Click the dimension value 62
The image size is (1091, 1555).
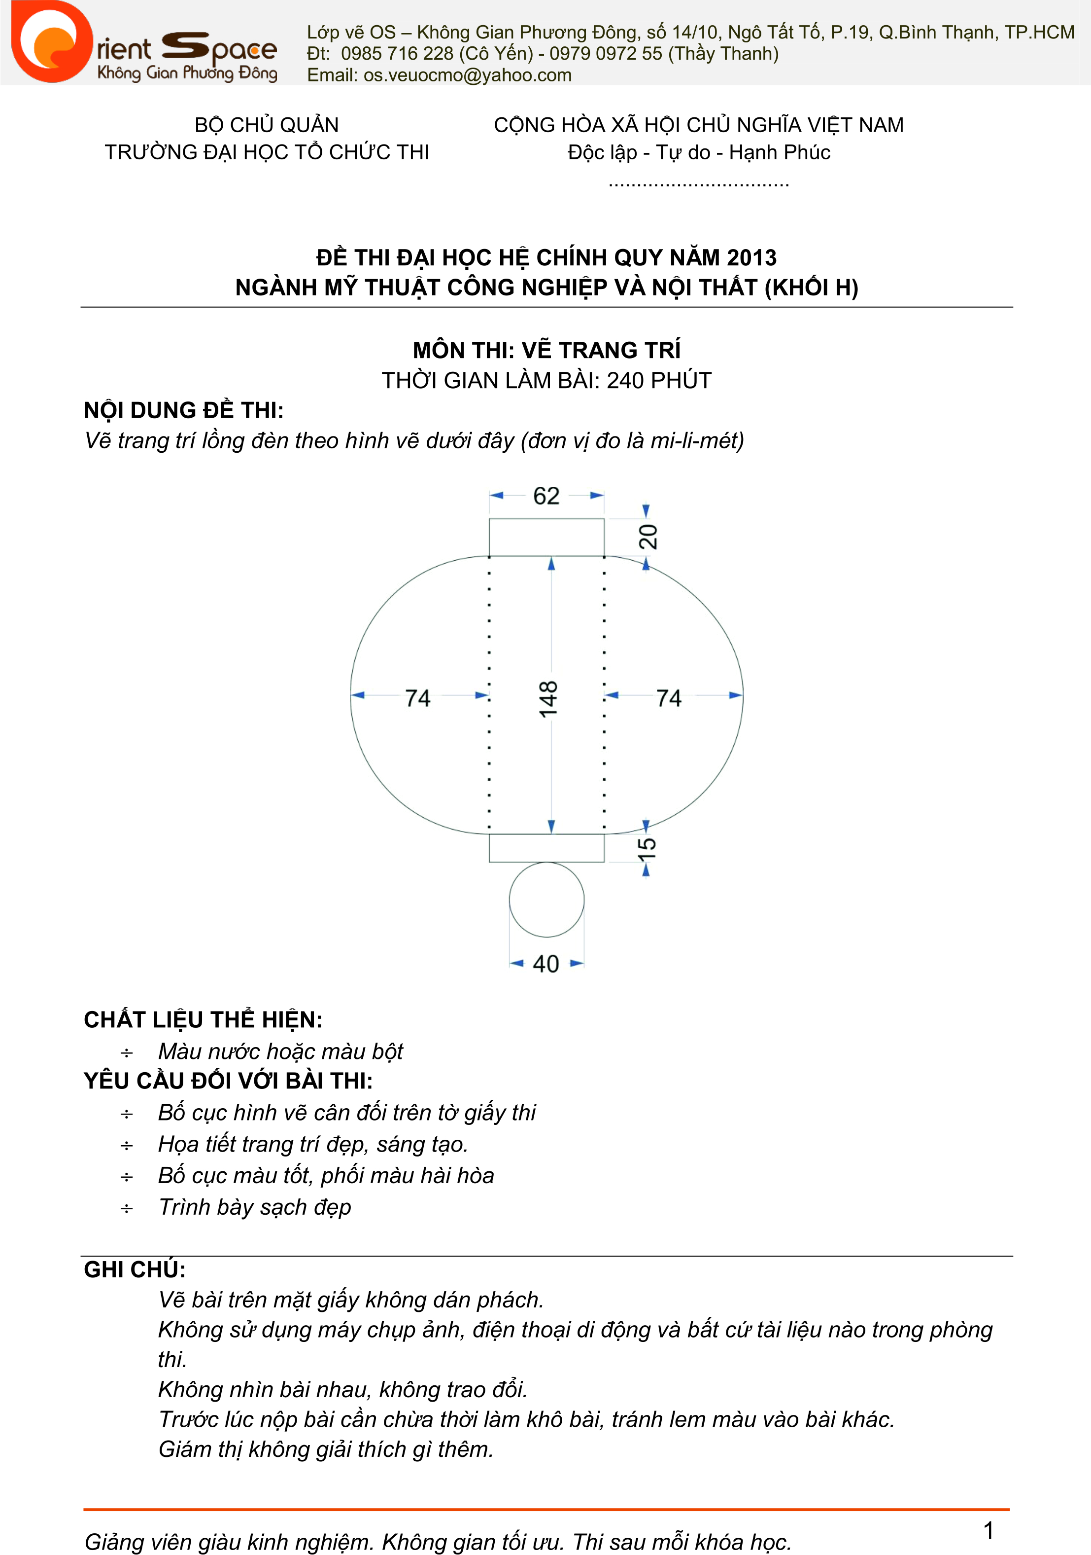pyautogui.click(x=546, y=496)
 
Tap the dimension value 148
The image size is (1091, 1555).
pyautogui.click(x=548, y=698)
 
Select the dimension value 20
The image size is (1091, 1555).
pyautogui.click(x=648, y=537)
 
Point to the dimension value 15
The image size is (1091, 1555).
pyautogui.click(x=647, y=848)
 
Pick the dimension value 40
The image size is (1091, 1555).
pyautogui.click(x=546, y=964)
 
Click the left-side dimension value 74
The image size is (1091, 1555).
pyautogui.click(x=417, y=697)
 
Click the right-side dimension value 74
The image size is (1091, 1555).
pyautogui.click(x=669, y=697)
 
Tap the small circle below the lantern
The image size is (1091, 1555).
pyautogui.click(x=546, y=900)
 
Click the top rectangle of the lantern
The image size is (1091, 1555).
pyautogui.click(x=546, y=538)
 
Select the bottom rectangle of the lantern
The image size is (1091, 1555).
pyautogui.click(x=546, y=848)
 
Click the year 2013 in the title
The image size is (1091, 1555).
pyautogui.click(x=751, y=258)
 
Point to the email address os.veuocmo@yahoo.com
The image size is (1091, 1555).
pyautogui.click(x=467, y=75)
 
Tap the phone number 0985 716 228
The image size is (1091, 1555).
pyautogui.click(x=397, y=53)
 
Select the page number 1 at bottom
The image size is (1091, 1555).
pyautogui.click(x=988, y=1530)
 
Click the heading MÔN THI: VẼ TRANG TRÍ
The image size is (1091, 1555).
pyautogui.click(x=546, y=350)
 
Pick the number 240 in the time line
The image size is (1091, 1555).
pyautogui.click(x=625, y=381)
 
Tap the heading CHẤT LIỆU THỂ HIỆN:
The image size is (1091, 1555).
pyautogui.click(x=203, y=1020)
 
